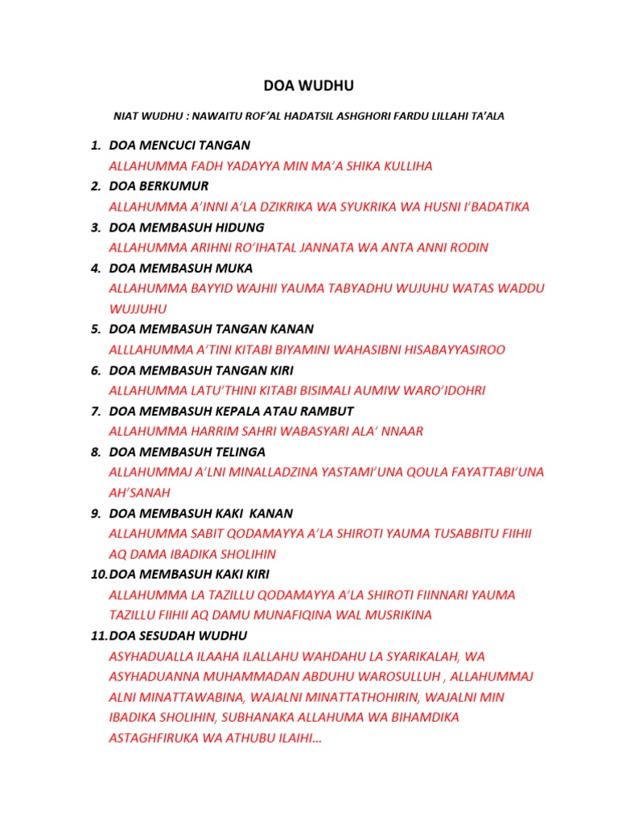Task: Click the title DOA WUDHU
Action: (308, 86)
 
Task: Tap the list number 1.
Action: (94, 145)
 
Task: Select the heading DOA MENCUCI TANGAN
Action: (179, 145)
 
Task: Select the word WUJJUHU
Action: (138, 309)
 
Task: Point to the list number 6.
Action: (95, 370)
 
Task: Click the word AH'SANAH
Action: (140, 493)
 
